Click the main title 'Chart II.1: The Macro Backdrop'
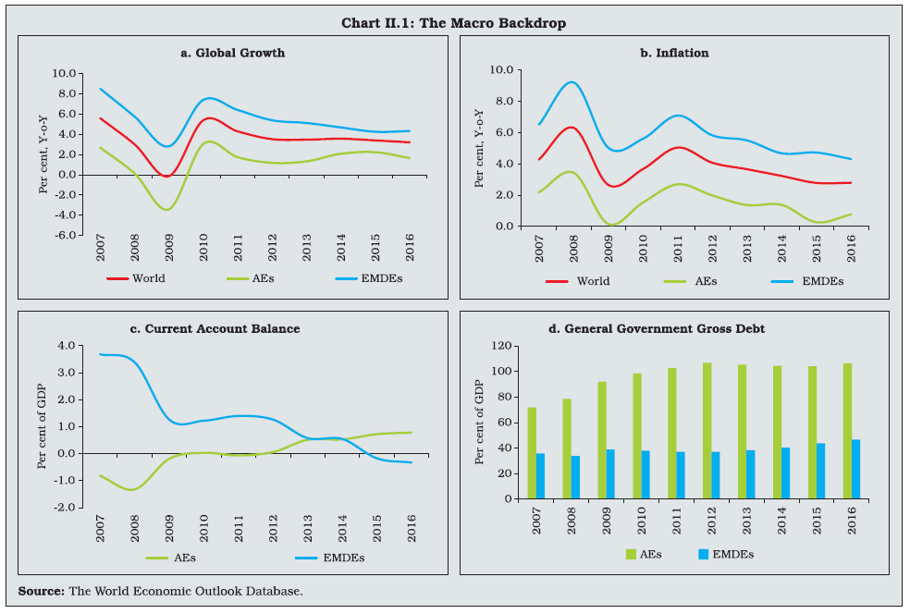pyautogui.click(x=454, y=22)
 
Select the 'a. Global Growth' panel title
pyautogui.click(x=232, y=53)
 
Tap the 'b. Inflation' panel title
pyautogui.click(x=673, y=53)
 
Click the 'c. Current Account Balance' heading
pyautogui.click(x=232, y=328)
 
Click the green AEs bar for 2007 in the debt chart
pyautogui.click(x=531, y=453)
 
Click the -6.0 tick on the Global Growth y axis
pyautogui.click(x=64, y=235)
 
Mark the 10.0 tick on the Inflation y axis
pyautogui.click(x=502, y=70)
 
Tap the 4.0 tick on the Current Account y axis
pyautogui.click(x=68, y=346)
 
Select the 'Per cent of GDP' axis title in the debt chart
pyautogui.click(x=479, y=423)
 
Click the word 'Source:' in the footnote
pyautogui.click(x=42, y=590)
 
